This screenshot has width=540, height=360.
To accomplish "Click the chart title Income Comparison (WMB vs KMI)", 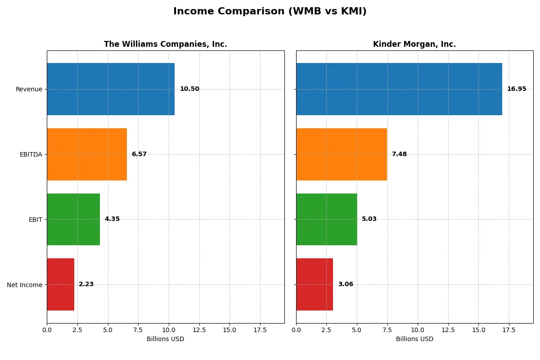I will tap(270, 12).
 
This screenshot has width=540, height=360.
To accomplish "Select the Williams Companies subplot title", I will tap(165, 44).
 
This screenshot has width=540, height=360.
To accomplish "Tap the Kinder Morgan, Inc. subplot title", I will tap(414, 44).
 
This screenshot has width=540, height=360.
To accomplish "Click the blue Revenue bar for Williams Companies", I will tap(111, 89).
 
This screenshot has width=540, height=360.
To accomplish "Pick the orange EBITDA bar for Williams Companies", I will tap(87, 154).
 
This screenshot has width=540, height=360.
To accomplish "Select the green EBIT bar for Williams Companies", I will tap(73, 219).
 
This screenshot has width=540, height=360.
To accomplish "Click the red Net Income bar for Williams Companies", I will tap(60, 284).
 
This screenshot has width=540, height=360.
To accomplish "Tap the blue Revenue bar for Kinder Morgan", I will tap(399, 89).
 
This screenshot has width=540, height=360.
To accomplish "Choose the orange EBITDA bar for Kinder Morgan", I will tap(341, 154).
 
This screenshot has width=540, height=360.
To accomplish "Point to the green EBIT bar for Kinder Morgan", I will tap(326, 219).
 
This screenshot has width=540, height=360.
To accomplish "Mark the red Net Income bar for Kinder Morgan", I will tap(315, 284).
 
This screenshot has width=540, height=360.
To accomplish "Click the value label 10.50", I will tap(189, 89).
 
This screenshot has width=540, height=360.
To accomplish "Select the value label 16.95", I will tap(517, 89).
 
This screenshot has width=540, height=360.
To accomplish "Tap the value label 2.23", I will tap(86, 284).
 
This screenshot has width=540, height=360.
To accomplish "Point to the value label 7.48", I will tap(399, 154).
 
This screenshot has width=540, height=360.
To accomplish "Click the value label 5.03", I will tap(369, 219).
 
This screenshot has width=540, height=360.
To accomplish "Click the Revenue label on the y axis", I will tap(29, 89).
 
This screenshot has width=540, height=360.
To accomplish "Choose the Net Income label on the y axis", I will tap(24, 284).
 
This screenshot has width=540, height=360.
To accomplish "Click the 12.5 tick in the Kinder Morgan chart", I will tap(448, 330).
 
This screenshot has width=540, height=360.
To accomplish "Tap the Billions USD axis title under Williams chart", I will tap(165, 339).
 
